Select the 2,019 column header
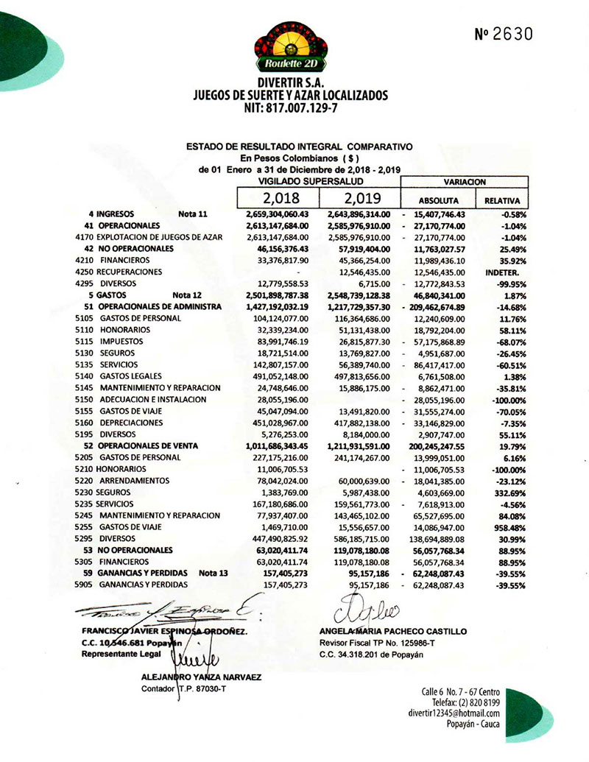(363, 199)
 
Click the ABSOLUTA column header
(438, 200)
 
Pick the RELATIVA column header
(502, 200)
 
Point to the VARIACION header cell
(464, 181)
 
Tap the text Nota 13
(214, 573)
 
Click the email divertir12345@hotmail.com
(454, 713)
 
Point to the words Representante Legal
(115, 653)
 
